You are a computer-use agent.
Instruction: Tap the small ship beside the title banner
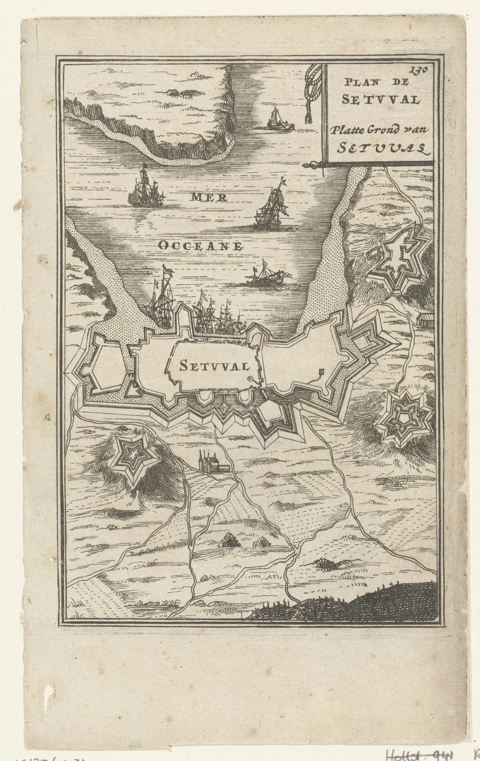pyautogui.click(x=280, y=119)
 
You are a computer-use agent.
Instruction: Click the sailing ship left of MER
pyautogui.click(x=146, y=188)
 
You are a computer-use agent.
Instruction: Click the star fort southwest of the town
pyautogui.click(x=133, y=455)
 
